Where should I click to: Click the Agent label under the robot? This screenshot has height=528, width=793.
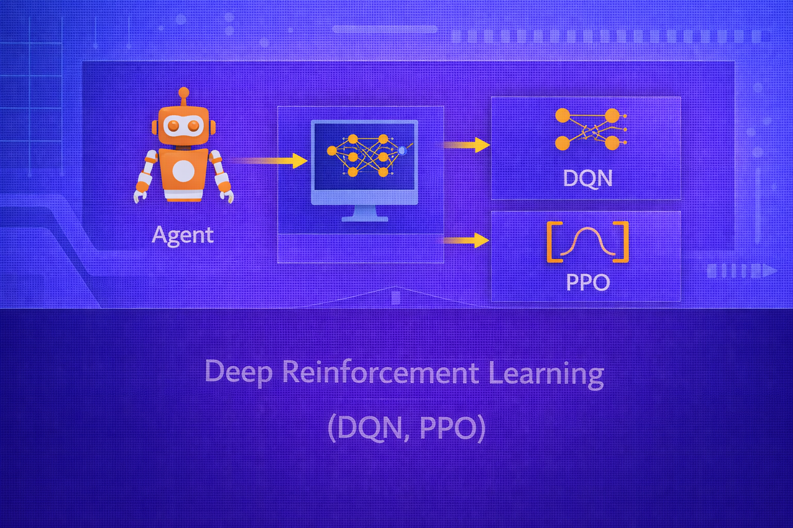(x=182, y=235)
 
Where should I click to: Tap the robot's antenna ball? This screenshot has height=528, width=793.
(x=183, y=92)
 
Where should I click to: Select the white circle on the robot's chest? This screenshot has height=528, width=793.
(x=183, y=171)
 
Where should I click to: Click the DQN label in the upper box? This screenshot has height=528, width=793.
(x=588, y=178)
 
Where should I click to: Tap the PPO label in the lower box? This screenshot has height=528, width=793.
(x=588, y=282)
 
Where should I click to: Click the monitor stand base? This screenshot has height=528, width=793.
(x=365, y=218)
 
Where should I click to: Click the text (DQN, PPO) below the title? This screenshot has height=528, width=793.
(x=406, y=428)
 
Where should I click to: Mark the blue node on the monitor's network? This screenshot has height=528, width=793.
(x=402, y=150)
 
